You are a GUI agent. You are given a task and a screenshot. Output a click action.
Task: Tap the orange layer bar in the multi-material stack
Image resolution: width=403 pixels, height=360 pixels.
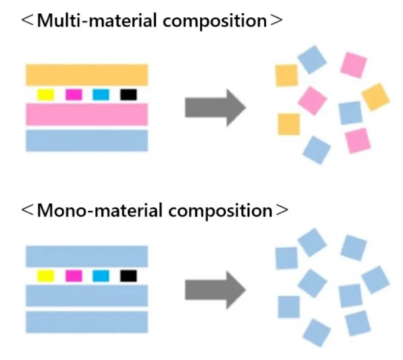pyautogui.click(x=87, y=75)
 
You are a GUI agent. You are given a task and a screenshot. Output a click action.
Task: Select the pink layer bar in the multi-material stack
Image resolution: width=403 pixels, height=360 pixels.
pyautogui.click(x=87, y=114)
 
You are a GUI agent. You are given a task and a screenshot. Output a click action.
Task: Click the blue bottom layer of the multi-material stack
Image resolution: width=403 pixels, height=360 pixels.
pyautogui.click(x=87, y=140)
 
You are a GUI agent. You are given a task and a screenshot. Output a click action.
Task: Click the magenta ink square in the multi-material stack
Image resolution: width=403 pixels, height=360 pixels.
pyautogui.click(x=74, y=94)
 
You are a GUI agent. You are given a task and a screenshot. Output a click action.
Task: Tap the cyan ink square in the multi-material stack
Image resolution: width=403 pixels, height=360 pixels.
pyautogui.click(x=101, y=94)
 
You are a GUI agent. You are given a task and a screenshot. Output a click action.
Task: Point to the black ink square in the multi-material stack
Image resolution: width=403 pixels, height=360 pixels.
pyautogui.click(x=128, y=94)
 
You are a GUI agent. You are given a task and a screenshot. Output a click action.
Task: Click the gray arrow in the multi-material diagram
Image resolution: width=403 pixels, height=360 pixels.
pyautogui.click(x=215, y=107)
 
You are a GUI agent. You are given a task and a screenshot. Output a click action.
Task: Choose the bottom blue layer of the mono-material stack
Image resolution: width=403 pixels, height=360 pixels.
pyautogui.click(x=87, y=322)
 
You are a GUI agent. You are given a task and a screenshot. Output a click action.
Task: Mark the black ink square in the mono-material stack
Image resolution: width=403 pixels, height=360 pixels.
pyautogui.click(x=128, y=276)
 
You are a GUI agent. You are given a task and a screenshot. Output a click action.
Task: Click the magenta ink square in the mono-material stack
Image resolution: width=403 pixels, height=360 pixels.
pyautogui.click(x=74, y=276)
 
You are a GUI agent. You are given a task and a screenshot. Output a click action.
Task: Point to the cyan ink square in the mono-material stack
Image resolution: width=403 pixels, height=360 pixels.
pyautogui.click(x=101, y=276)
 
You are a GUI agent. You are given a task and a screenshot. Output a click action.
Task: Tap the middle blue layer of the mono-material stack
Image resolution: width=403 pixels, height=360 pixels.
pyautogui.click(x=87, y=296)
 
